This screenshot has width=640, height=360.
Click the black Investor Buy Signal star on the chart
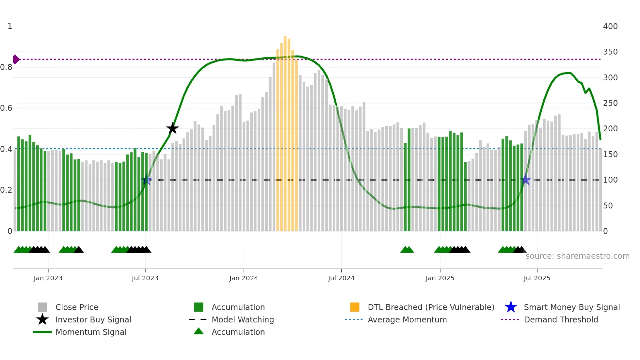coord(172,128)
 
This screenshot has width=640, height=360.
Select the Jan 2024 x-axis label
coord(244,278)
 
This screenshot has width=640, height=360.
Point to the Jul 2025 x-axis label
coord(537,278)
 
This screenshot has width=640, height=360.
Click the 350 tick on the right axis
coord(610,52)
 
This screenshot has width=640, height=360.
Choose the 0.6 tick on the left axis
coord(7,108)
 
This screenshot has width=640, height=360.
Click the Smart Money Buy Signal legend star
coord(511,307)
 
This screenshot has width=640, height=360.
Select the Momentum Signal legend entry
coord(91,332)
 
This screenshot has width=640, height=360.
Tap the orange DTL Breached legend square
coord(355,307)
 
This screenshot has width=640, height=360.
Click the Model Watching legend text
coord(243,319)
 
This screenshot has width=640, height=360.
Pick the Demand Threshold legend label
coord(561,319)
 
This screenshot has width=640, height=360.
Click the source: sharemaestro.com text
coord(577,256)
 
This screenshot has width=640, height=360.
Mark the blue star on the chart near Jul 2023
coord(146,180)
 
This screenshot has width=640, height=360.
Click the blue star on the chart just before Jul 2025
coord(525,180)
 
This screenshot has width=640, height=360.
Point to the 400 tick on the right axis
coord(610,26)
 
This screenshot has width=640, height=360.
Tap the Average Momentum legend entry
coord(407,319)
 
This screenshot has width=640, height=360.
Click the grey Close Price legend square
coord(42,307)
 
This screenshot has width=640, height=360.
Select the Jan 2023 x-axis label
coord(48,278)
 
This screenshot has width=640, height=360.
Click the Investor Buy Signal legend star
coord(42,319)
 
